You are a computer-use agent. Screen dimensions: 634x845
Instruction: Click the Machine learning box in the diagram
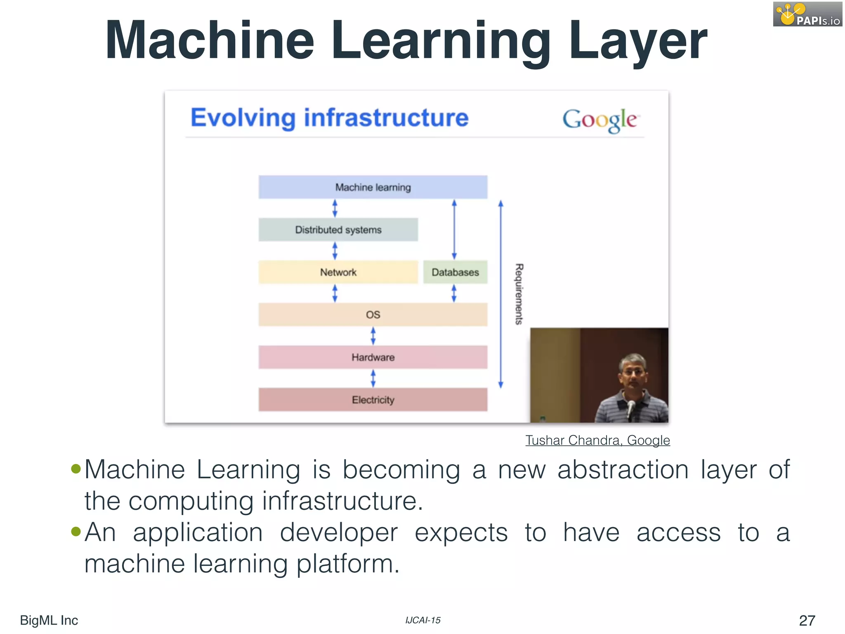373,187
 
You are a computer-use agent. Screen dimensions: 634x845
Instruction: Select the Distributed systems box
338,230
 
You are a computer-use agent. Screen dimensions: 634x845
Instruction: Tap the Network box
338,272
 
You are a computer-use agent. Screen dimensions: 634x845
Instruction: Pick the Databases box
455,272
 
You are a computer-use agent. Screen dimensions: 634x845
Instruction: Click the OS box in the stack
373,315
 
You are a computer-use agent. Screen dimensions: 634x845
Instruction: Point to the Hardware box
373,357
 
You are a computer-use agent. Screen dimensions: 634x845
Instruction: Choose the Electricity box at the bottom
373,400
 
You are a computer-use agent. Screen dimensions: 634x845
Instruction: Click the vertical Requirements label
519,294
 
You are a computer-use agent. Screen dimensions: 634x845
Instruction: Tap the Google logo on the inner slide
600,120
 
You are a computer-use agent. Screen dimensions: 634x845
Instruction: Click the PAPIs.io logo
807,14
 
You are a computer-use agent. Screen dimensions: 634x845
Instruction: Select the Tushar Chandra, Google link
597,440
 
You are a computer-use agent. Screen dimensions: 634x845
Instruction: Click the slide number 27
807,620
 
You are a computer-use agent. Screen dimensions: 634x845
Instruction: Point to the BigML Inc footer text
49,620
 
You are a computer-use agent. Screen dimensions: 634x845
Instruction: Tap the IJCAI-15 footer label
422,620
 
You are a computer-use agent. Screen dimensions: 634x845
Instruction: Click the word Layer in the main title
637,41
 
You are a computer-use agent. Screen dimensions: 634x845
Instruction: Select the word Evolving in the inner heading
243,118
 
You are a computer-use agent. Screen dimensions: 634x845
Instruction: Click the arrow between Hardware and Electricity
373,378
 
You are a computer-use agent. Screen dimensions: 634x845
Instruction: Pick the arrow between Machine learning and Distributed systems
335,208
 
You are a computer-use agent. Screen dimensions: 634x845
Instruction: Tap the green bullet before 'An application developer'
76,531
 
